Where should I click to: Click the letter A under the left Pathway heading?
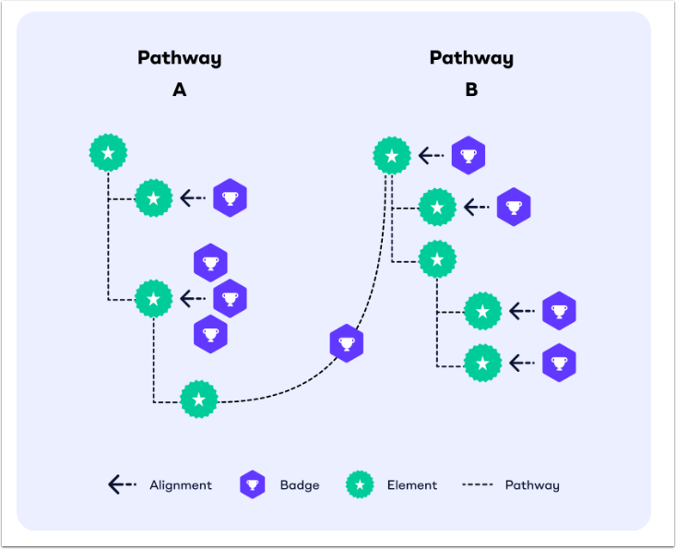[179, 90]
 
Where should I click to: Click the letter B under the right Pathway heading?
[471, 90]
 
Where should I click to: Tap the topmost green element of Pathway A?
[108, 152]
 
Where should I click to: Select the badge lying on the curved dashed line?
[347, 343]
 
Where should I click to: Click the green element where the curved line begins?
[198, 400]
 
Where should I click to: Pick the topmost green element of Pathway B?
[392, 156]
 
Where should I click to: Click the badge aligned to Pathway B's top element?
[468, 156]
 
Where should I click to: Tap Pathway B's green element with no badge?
[437, 260]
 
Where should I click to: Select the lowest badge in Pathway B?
[559, 363]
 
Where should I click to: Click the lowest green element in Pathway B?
[482, 363]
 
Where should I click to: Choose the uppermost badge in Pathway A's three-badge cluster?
[211, 263]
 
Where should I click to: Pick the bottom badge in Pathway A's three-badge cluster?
[211, 333]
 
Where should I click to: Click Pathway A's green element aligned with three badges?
[153, 299]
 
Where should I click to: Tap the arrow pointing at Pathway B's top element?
[430, 156]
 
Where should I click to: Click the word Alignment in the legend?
[180, 485]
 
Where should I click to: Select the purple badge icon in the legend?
[253, 485]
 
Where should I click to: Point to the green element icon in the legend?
[360, 485]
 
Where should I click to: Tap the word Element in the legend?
[412, 485]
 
